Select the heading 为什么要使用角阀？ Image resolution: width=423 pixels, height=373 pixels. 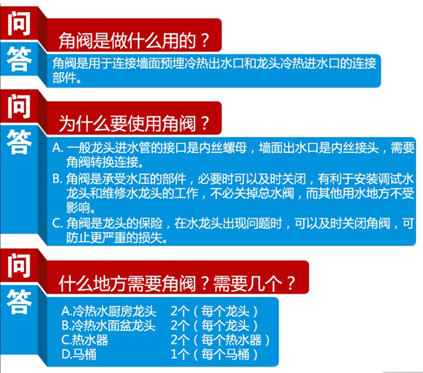pos(134,123)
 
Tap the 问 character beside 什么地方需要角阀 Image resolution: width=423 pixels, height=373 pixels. pos(18,266)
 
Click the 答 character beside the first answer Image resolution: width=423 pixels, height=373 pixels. pos(19,59)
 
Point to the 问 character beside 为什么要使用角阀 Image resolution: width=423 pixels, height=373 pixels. pos(18,106)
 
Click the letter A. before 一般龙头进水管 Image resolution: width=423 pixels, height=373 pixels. pos(58,147)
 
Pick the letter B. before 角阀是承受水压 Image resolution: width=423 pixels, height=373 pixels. pos(58,178)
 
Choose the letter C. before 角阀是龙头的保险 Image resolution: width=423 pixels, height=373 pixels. pos(58,224)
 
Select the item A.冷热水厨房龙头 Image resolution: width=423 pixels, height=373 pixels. pos(109,311)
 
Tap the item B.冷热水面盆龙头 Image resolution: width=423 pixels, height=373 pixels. pos(109,326)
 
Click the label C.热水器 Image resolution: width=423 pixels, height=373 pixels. pos(85,340)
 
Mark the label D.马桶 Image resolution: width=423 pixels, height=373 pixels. pos(79,354)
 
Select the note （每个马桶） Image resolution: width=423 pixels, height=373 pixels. pos(226,354)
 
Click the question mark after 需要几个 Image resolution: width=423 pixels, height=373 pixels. pos(290,283)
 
